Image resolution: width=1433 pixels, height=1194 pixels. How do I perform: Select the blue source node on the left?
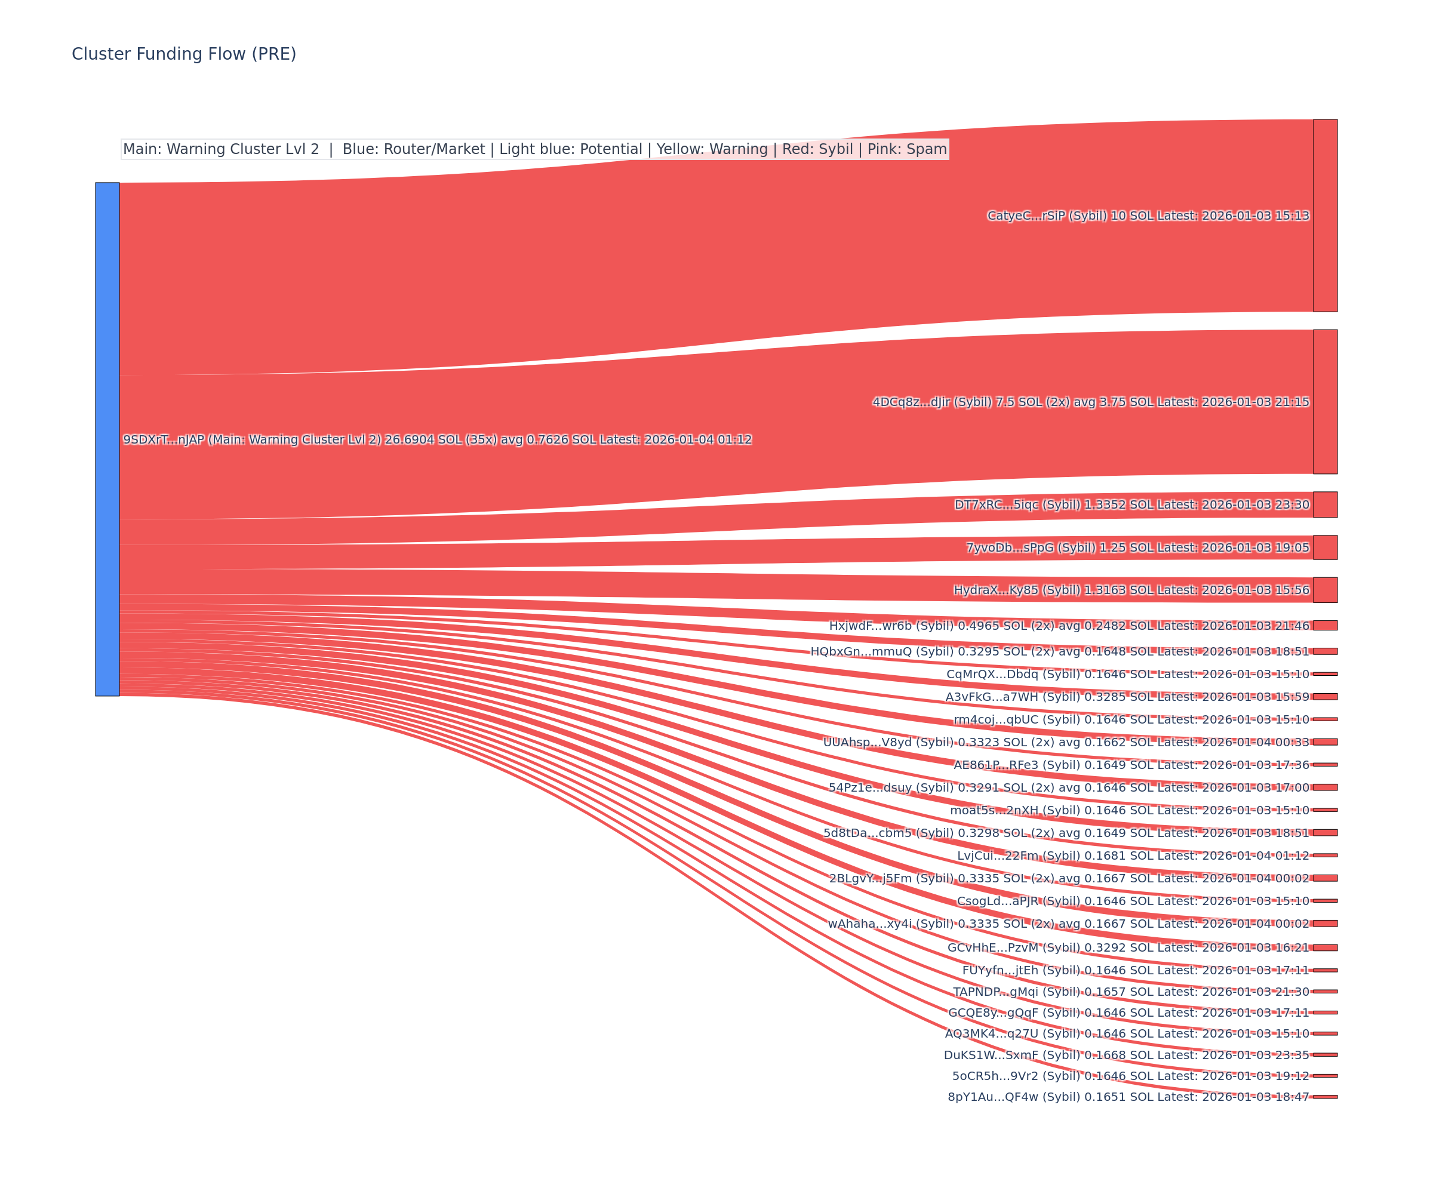(107, 439)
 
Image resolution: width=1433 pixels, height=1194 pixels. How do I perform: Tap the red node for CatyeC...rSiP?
(1325, 216)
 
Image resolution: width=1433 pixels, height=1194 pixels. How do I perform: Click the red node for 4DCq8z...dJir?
(1325, 402)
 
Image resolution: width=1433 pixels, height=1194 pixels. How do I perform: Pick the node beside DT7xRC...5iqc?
(1325, 505)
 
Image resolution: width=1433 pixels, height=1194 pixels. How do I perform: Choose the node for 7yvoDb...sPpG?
(1325, 547)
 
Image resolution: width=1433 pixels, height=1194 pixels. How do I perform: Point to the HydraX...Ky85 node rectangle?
(1325, 590)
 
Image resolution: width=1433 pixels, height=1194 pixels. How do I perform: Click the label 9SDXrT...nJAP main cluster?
(436, 439)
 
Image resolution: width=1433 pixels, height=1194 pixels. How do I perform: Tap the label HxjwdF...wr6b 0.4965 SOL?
(1069, 626)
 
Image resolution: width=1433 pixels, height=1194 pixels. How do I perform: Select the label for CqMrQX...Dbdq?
(1127, 674)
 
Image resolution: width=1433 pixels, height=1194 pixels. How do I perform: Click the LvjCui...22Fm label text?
(1133, 856)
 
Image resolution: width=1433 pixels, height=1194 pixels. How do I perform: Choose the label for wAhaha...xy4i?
(1068, 924)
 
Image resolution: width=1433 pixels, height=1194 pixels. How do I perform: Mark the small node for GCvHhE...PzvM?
(1325, 947)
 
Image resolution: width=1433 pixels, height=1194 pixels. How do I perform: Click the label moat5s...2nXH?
(1129, 811)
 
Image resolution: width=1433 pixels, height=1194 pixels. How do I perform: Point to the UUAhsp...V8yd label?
(1066, 742)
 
